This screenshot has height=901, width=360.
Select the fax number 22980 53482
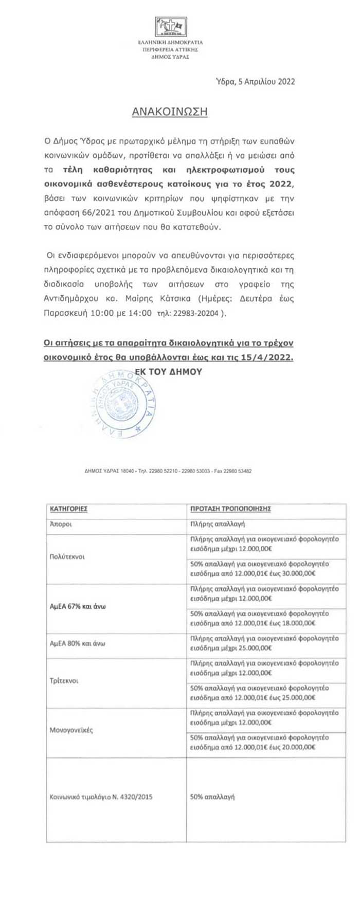pyautogui.click(x=237, y=471)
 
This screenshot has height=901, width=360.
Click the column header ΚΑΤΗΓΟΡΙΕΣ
pyautogui.click(x=68, y=509)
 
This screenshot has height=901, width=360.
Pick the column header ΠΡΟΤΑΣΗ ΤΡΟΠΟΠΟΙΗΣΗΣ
pyautogui.click(x=230, y=509)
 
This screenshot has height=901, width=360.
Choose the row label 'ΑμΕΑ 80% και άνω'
pyautogui.click(x=76, y=643)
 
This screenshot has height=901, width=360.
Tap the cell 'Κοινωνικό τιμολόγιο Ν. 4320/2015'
pyautogui.click(x=101, y=797)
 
